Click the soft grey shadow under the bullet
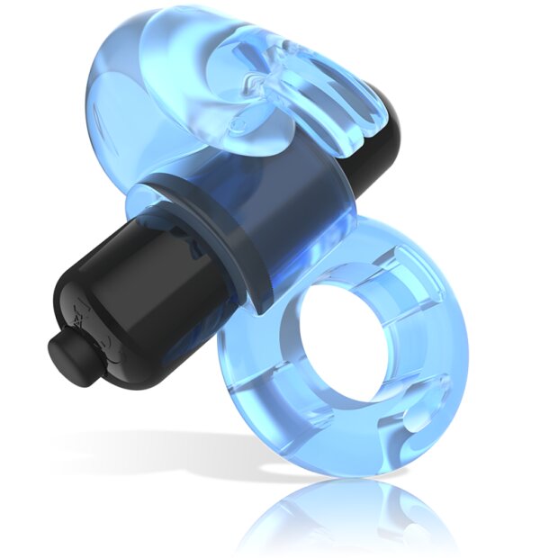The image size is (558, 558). point(153,441)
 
